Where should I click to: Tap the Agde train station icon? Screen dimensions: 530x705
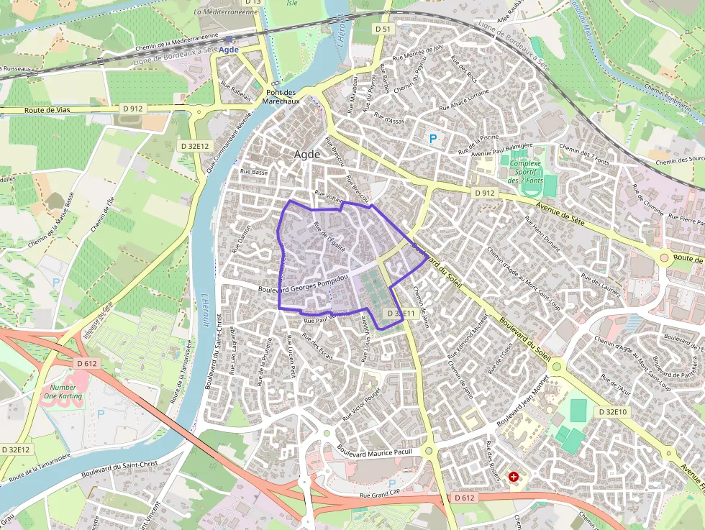click(228, 40)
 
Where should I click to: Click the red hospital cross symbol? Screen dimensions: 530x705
click(514, 476)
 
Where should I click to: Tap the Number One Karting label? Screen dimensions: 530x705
click(63, 391)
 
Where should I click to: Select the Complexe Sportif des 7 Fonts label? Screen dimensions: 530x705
click(526, 171)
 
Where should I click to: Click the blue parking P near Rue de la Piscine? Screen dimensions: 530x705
click(432, 139)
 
